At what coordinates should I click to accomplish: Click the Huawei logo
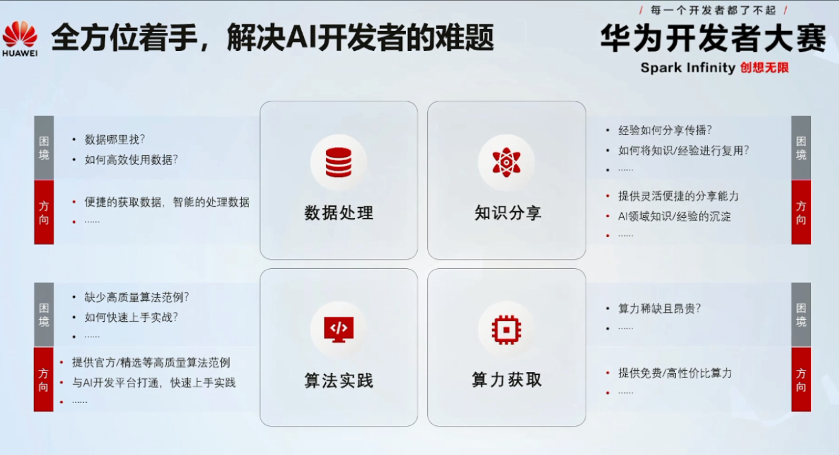tap(20, 38)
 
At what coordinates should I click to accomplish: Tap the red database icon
tap(338, 162)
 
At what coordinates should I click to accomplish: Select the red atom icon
tap(507, 162)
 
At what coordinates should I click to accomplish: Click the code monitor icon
tap(338, 329)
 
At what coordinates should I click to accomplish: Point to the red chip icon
tap(507, 330)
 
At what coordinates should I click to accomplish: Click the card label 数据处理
tap(339, 213)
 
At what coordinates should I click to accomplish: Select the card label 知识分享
tap(508, 213)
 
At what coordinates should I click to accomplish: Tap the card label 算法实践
tap(339, 380)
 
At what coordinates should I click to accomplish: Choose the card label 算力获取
tap(507, 379)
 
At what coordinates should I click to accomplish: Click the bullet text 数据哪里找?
tap(115, 140)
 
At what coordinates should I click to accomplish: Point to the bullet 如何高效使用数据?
tap(131, 160)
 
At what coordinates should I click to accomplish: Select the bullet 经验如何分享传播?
tap(665, 130)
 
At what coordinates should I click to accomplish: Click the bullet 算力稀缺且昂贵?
tap(660, 309)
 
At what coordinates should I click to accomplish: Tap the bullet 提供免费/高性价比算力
tap(675, 373)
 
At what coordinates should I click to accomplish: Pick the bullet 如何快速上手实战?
tap(131, 317)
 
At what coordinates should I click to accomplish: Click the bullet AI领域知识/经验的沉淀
tap(674, 217)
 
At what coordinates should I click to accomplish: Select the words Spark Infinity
tap(688, 68)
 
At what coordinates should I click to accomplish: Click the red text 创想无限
tap(764, 68)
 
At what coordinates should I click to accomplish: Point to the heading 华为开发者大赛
tap(713, 38)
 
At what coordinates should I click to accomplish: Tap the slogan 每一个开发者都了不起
tap(713, 11)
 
